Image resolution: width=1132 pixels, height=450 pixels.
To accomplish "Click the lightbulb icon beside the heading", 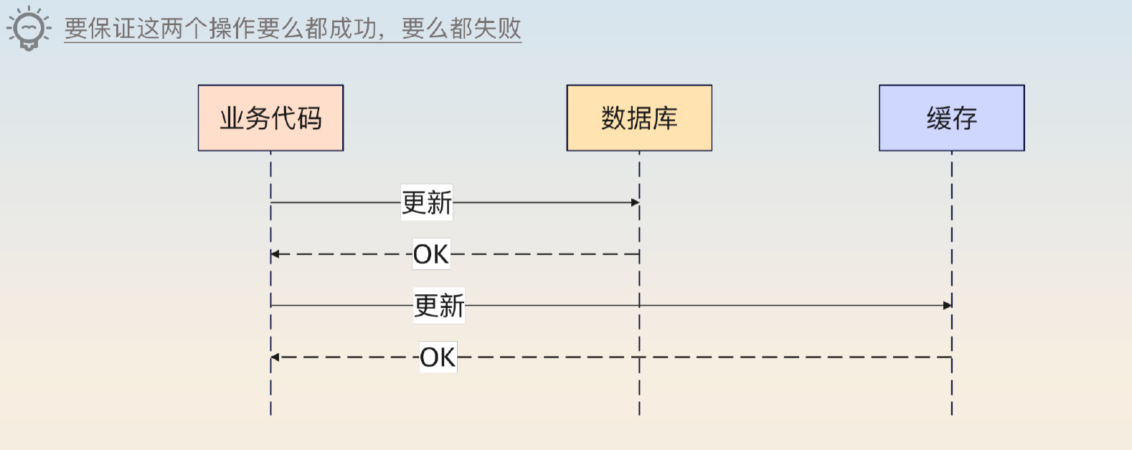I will pyautogui.click(x=29, y=29).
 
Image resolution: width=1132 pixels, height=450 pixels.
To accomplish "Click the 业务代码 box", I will pyautogui.click(x=270, y=118).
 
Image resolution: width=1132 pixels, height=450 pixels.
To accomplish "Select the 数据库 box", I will pyautogui.click(x=639, y=118).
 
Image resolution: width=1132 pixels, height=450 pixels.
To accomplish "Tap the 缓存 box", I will pyautogui.click(x=952, y=118).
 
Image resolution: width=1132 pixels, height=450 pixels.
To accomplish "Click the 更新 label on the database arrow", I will pyautogui.click(x=427, y=202).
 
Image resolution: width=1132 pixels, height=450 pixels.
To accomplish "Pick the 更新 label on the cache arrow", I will pyautogui.click(x=439, y=306).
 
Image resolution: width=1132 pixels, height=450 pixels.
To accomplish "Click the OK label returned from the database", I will pyautogui.click(x=431, y=254).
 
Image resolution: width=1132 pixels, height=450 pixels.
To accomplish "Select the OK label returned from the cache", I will pyautogui.click(x=438, y=357).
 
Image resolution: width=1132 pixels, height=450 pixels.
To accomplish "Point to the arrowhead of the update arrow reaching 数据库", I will pyautogui.click(x=635, y=202).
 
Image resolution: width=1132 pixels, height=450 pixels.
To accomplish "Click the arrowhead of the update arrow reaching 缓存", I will pyautogui.click(x=947, y=305).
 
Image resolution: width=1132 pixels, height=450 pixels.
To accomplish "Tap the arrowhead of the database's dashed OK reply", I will pyautogui.click(x=275, y=254).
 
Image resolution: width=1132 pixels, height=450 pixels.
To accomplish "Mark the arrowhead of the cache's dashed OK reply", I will pyautogui.click(x=275, y=357).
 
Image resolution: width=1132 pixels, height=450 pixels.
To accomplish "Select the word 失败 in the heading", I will pyautogui.click(x=497, y=29).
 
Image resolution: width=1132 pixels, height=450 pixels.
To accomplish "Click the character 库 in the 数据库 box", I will pyautogui.click(x=665, y=118).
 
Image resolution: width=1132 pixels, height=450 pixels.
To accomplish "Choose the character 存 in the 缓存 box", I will pyautogui.click(x=965, y=118).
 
